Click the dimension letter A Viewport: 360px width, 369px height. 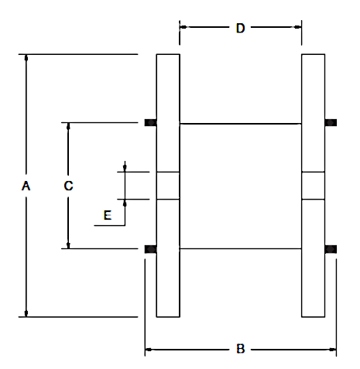pos(26,186)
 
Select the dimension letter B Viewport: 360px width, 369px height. pos(240,349)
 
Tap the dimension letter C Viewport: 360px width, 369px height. pos(68,186)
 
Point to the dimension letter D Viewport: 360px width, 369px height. pos(240,28)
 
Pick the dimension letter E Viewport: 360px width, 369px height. pos(108,215)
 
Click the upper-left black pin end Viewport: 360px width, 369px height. pos(150,122)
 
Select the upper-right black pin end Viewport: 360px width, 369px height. pos(331,122)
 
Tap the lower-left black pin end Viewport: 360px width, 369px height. pos(150,249)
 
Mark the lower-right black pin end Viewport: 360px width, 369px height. pos(331,249)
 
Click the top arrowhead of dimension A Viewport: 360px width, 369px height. pos(26,58)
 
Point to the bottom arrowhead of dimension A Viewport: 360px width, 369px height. pos(26,313)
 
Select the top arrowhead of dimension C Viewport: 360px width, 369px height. pos(68,126)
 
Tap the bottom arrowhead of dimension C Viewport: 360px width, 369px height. pos(68,245)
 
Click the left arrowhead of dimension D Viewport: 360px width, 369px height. pos(183,27)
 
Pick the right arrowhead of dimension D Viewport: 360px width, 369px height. pos(298,27)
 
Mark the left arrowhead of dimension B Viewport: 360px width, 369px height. pos(149,350)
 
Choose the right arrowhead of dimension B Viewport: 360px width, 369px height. pos(333,350)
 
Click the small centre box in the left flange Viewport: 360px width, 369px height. pos(168,186)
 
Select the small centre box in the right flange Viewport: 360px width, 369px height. pos(313,186)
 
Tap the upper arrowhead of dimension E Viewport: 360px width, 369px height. pos(125,168)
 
